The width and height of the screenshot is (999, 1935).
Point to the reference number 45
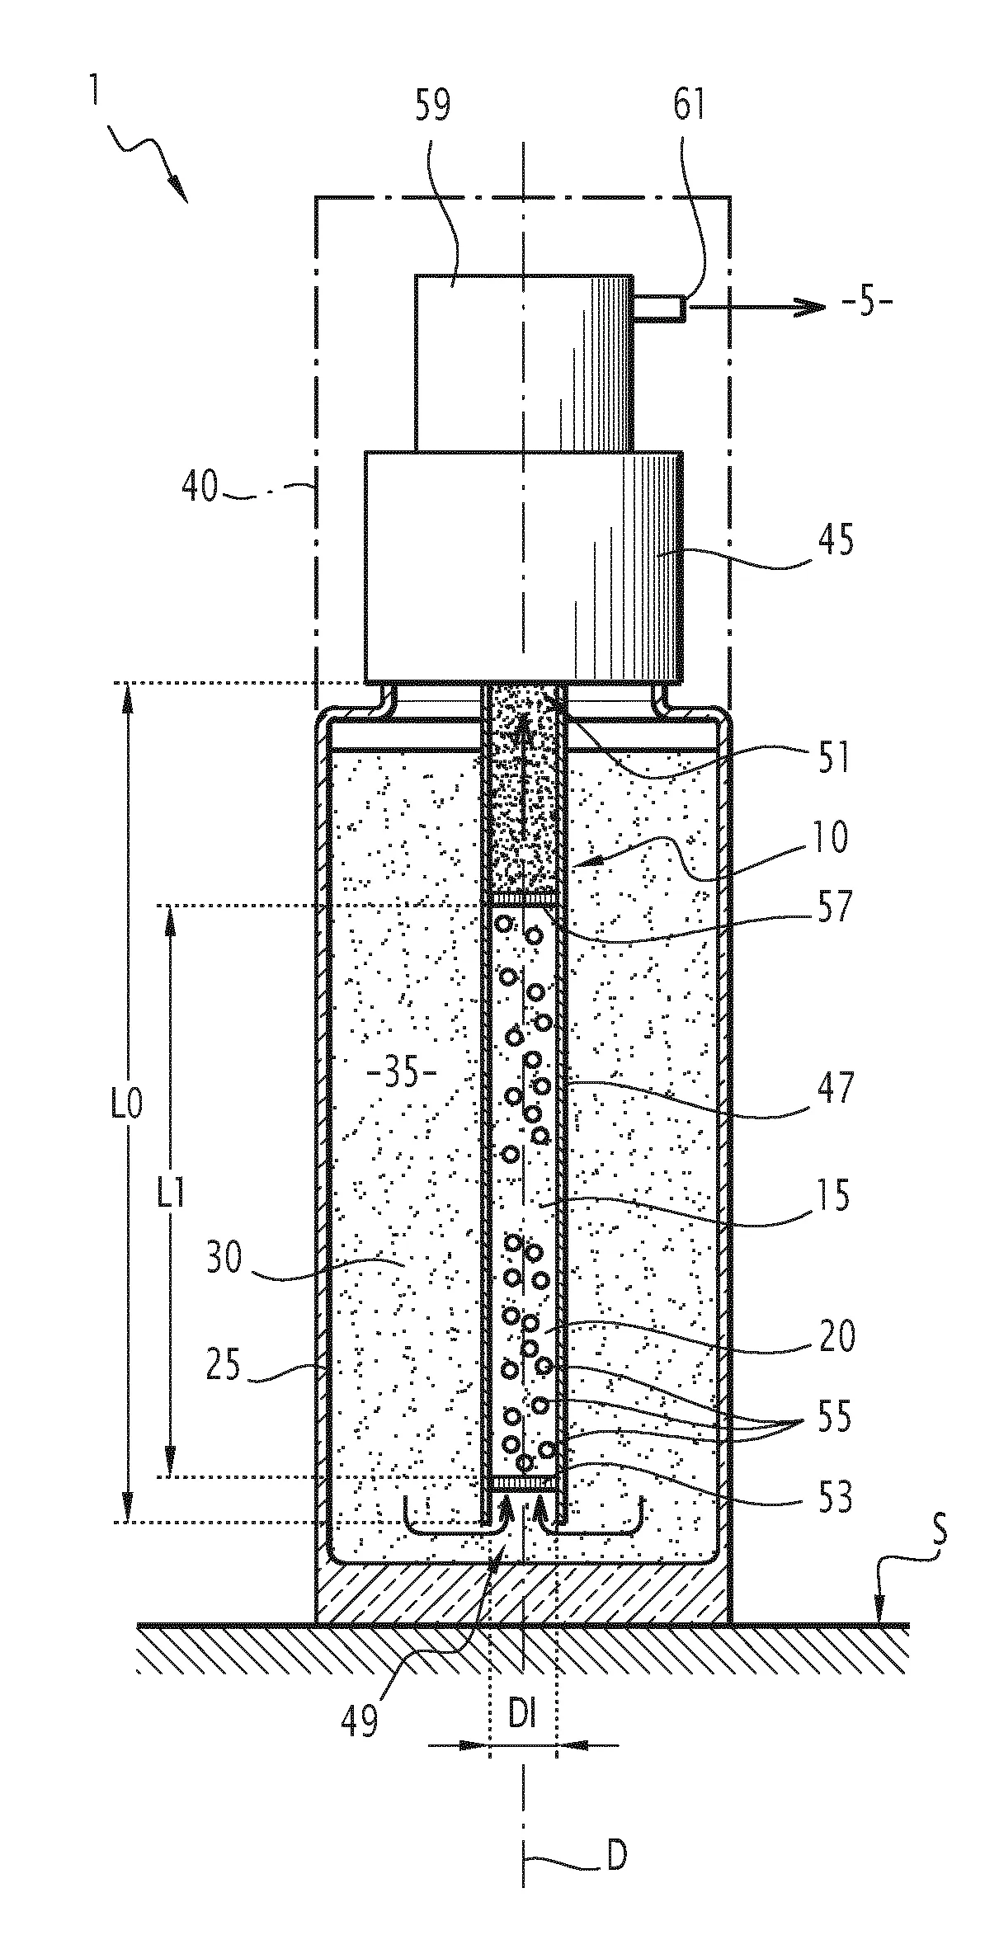[836, 542]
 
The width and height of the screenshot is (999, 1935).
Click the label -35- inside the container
[401, 1075]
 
